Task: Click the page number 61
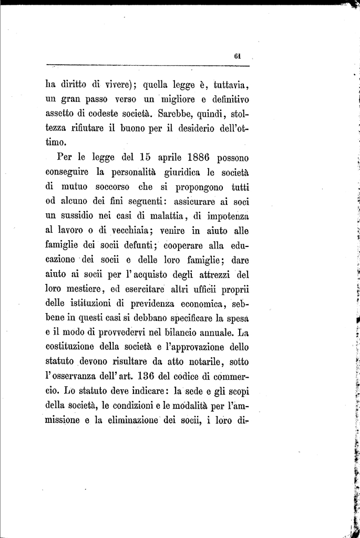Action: tap(238, 57)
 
